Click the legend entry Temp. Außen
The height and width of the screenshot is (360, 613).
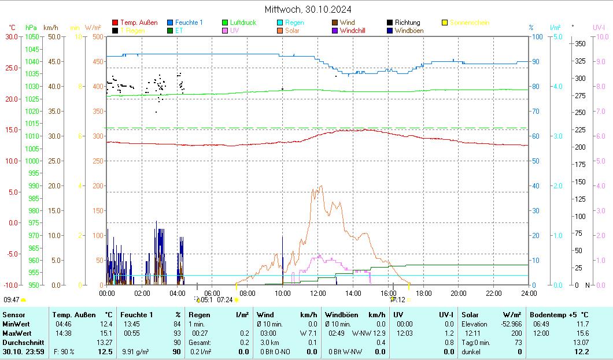pyautogui.click(x=138, y=23)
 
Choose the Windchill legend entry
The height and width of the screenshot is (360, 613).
pyautogui.click(x=354, y=31)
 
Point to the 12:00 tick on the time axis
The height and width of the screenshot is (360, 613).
pyautogui.click(x=318, y=294)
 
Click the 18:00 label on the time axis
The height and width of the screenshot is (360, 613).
pyautogui.click(x=423, y=294)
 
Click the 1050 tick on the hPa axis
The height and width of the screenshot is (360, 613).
pyautogui.click(x=32, y=36)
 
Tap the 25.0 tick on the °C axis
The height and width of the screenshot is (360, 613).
pyautogui.click(x=12, y=68)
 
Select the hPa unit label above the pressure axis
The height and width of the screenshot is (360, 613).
pyautogui.click(x=31, y=27)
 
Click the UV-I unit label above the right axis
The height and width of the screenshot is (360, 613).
pyautogui.click(x=599, y=27)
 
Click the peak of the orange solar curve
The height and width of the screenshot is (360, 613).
pyautogui.click(x=321, y=186)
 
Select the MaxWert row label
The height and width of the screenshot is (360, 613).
pyautogui.click(x=16, y=333)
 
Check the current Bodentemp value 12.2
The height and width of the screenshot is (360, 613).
pyautogui.click(x=581, y=351)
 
